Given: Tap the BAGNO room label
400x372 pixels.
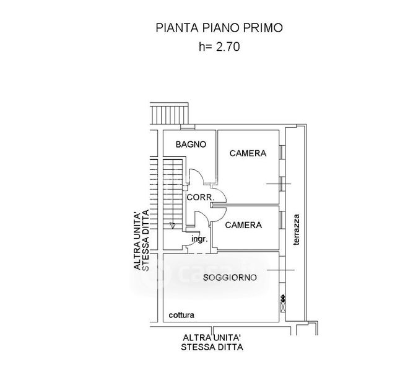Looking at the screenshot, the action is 189,144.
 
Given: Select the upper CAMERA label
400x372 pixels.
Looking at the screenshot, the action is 248,153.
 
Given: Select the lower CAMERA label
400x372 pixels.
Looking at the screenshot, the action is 243,225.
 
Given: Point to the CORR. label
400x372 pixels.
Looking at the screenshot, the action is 200,198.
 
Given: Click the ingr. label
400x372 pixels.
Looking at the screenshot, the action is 199,239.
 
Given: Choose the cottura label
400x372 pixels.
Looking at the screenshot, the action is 181,315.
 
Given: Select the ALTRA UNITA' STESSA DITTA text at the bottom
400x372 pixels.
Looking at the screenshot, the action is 212,342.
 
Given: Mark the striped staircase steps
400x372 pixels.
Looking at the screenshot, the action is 173,192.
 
